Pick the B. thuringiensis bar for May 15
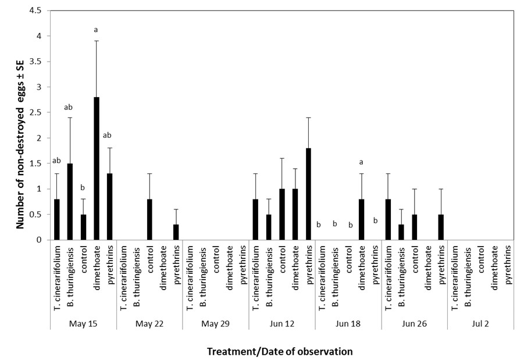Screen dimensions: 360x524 click(70, 201)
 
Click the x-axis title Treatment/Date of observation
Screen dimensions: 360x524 click(281, 351)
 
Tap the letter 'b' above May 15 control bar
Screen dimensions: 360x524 click(83, 188)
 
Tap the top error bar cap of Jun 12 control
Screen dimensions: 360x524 click(282, 158)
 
